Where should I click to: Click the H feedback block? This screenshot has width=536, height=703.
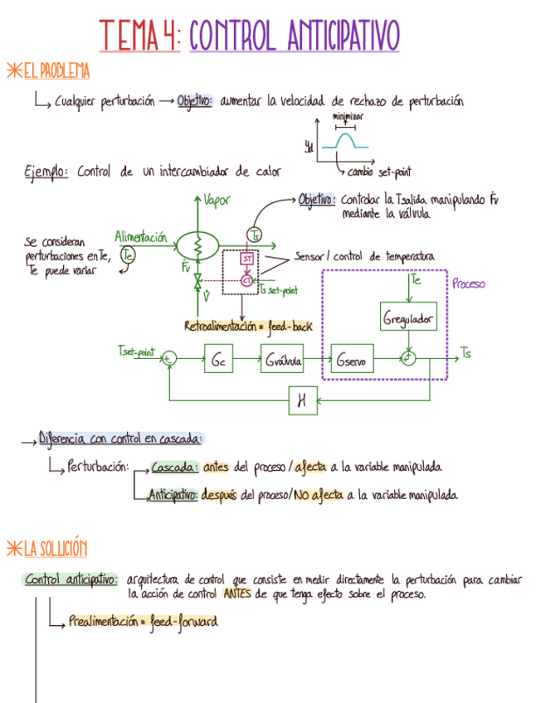coord(303,401)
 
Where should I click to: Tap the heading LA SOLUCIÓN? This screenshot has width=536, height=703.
coord(54,549)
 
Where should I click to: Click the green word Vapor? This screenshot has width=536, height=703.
coord(217,200)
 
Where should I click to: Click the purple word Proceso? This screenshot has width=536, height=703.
coord(469,284)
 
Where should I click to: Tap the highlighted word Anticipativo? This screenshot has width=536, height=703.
coord(173,496)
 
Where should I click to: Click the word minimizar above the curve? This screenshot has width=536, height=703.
coord(348,117)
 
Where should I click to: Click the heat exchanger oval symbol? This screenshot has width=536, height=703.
coord(197,244)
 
